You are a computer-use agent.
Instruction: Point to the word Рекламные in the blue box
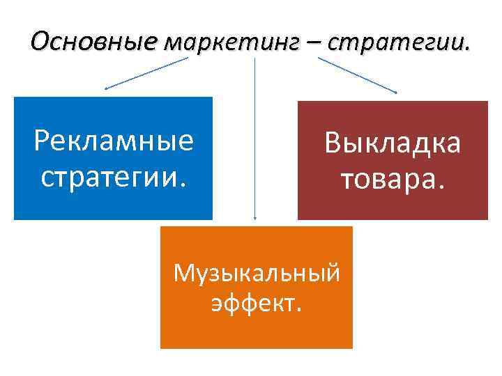114,141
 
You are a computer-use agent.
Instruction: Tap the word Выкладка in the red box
392,144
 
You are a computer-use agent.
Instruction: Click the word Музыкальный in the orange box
257,274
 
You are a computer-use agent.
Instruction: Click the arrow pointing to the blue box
146,73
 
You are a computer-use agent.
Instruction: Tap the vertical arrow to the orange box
255,139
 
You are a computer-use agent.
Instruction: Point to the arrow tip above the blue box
105,89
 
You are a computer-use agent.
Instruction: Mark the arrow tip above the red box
396,93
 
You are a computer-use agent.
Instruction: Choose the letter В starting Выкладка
331,144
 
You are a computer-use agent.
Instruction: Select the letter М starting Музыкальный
183,274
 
